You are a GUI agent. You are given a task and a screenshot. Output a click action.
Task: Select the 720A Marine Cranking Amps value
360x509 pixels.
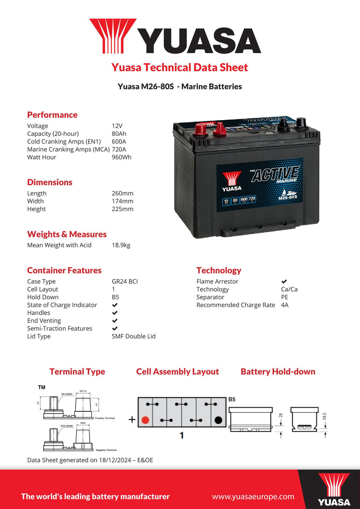click(x=119, y=149)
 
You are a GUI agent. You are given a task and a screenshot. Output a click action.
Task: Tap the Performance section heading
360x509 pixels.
click(x=52, y=115)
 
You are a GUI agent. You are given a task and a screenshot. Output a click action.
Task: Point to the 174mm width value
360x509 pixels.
click(x=122, y=201)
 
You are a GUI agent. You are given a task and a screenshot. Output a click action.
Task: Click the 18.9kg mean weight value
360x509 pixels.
click(x=121, y=245)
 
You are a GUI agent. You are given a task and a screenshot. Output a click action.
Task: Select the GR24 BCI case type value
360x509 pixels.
click(x=125, y=281)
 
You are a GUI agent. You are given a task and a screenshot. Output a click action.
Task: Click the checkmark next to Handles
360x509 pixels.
click(x=115, y=313)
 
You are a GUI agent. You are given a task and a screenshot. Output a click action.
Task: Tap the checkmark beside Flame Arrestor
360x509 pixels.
click(x=284, y=281)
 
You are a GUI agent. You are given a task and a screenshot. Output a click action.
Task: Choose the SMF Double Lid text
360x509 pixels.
click(x=134, y=336)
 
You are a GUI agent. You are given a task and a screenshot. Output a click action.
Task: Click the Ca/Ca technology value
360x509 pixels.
click(x=289, y=289)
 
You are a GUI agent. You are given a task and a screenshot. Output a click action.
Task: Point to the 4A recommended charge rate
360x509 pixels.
click(x=284, y=305)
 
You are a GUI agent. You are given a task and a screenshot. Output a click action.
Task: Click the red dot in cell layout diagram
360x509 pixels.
click(x=145, y=420)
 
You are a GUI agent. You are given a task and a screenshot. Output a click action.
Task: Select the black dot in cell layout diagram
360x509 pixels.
click(x=218, y=420)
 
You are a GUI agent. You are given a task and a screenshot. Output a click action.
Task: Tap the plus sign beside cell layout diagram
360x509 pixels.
click(x=132, y=420)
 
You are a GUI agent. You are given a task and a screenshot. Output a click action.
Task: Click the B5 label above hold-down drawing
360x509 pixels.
click(x=232, y=399)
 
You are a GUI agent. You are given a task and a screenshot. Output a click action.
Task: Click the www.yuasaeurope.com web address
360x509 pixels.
click(x=253, y=497)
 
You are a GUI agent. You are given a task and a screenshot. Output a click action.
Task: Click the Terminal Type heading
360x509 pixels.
click(x=77, y=372)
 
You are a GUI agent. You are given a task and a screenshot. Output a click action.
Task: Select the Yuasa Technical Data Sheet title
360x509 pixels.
click(x=180, y=68)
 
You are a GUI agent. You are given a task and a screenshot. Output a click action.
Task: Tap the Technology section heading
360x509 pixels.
click(x=219, y=270)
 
